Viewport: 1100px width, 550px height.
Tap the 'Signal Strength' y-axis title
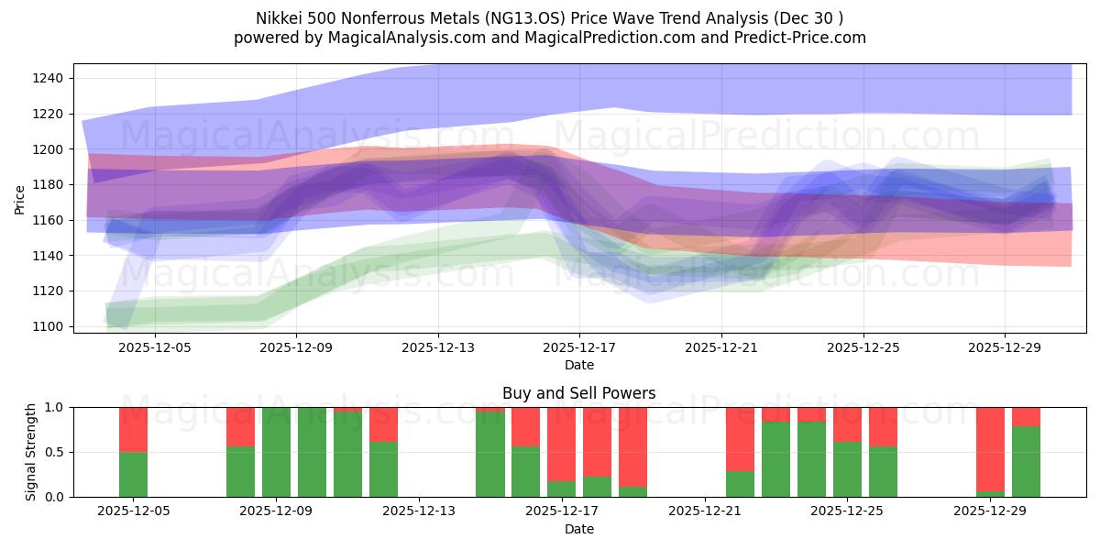[30, 452]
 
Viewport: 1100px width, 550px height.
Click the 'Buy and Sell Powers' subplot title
[578, 393]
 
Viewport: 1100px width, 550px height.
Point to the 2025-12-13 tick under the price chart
[437, 347]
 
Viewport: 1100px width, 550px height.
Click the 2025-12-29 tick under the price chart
[1005, 347]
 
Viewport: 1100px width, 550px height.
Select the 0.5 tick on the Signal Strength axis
[53, 452]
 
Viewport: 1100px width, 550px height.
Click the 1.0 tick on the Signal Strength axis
[53, 407]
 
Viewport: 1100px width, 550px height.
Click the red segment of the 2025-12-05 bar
[133, 429]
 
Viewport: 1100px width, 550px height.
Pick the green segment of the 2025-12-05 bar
[133, 474]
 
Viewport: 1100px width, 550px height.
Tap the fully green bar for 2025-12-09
[276, 452]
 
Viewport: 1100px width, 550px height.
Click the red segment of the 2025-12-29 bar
[990, 448]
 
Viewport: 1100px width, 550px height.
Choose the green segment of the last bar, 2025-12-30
[1026, 461]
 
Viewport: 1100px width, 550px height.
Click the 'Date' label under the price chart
[578, 365]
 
